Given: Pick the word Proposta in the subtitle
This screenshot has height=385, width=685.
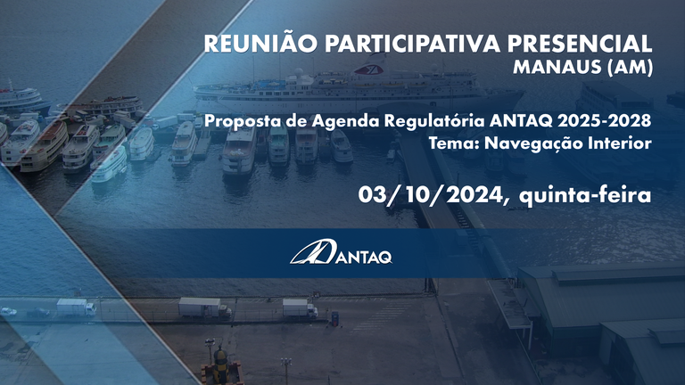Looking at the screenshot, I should point(236,121).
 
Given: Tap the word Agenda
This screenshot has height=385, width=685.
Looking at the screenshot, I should point(319,121).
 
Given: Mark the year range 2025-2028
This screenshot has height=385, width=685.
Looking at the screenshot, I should point(607,120).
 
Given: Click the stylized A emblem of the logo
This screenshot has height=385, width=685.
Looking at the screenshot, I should point(309,252).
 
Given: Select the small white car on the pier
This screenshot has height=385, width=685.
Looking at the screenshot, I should point(8,311).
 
